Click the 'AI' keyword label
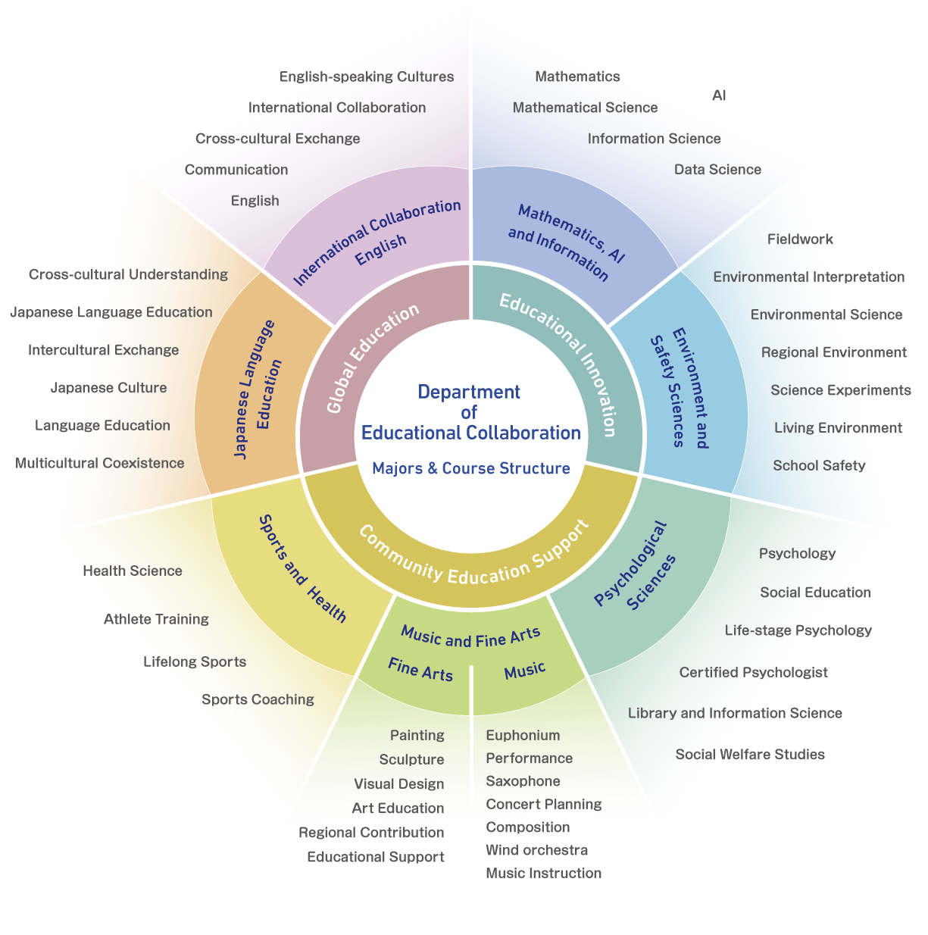(x=719, y=95)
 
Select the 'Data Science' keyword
(x=717, y=170)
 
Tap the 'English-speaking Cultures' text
(x=367, y=77)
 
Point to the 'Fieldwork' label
(x=800, y=239)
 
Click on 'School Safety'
(x=819, y=465)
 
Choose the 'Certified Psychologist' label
(x=753, y=672)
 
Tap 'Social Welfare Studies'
(x=750, y=754)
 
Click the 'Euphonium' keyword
(x=523, y=735)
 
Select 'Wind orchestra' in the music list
(x=536, y=850)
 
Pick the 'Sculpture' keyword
(x=411, y=759)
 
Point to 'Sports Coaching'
(x=258, y=699)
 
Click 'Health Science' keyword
(x=133, y=571)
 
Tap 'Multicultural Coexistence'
(x=99, y=463)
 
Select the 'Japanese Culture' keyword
(x=108, y=388)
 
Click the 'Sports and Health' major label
(x=302, y=568)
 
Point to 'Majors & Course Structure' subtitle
(x=471, y=468)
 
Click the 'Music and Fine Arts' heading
(x=470, y=636)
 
